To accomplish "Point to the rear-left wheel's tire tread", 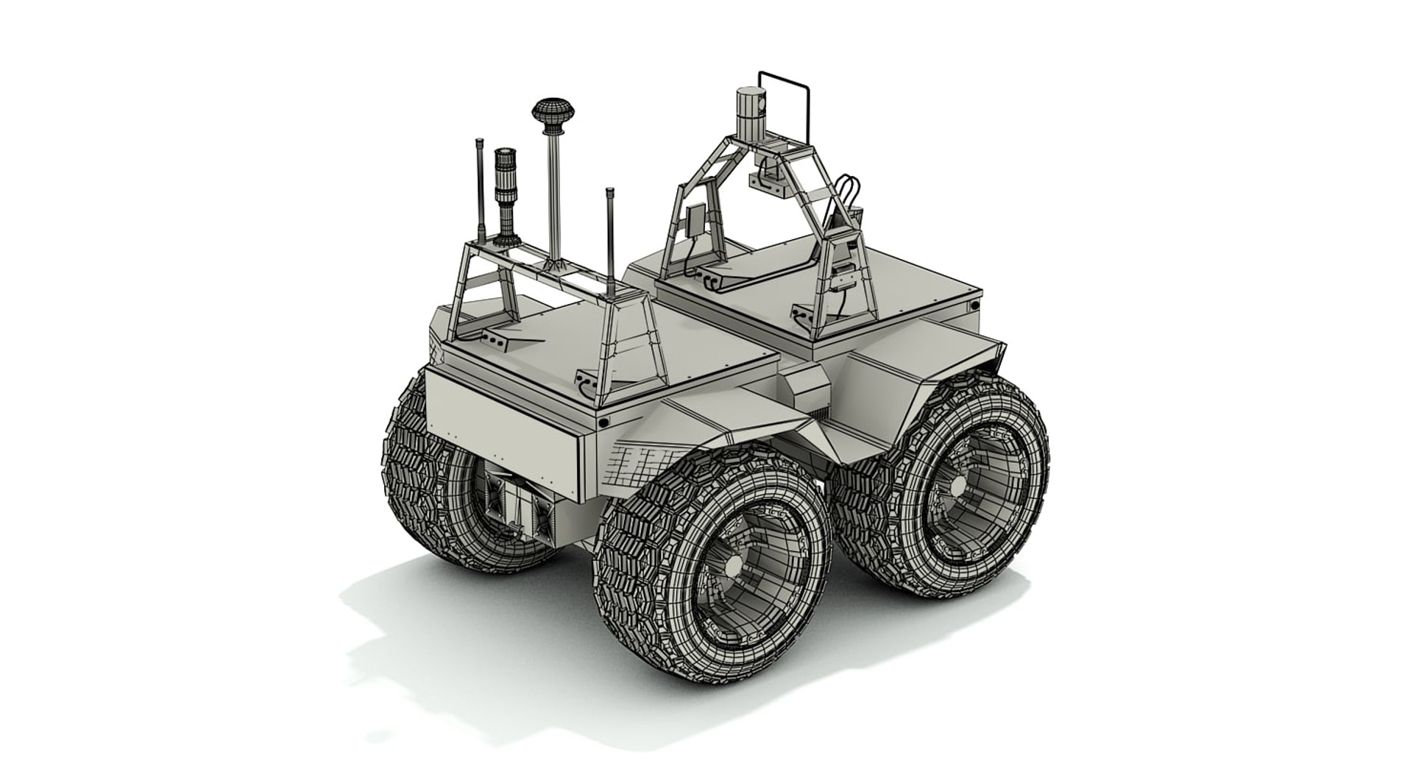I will (x=412, y=478).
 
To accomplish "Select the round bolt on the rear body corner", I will (x=603, y=422).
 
